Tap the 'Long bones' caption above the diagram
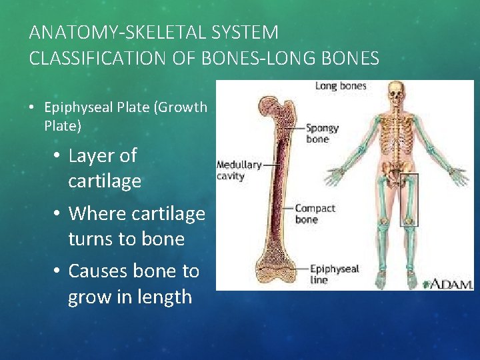coord(340,85)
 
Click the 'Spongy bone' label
coord(323,133)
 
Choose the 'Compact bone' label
coord(315,214)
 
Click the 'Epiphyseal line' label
coord(334,274)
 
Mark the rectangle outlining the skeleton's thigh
coord(409,199)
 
